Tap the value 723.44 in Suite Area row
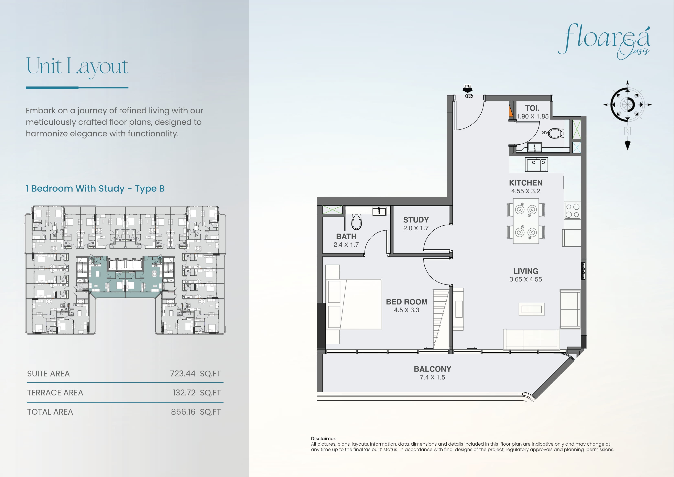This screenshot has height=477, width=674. (x=183, y=374)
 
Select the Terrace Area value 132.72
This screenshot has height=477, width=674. (x=184, y=393)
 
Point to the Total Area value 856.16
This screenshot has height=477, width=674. (x=183, y=412)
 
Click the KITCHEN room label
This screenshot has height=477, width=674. (x=526, y=183)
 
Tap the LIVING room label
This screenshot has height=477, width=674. (x=526, y=271)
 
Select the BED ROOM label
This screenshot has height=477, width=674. (x=406, y=302)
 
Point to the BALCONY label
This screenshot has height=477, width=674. (x=432, y=369)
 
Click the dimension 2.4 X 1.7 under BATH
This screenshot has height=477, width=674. (x=346, y=245)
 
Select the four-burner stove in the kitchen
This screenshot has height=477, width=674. (x=572, y=210)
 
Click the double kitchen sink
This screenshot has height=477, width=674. (x=536, y=165)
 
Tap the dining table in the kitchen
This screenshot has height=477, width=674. (x=526, y=221)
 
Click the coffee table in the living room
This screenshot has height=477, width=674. (x=531, y=309)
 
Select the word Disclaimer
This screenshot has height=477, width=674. (x=324, y=438)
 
